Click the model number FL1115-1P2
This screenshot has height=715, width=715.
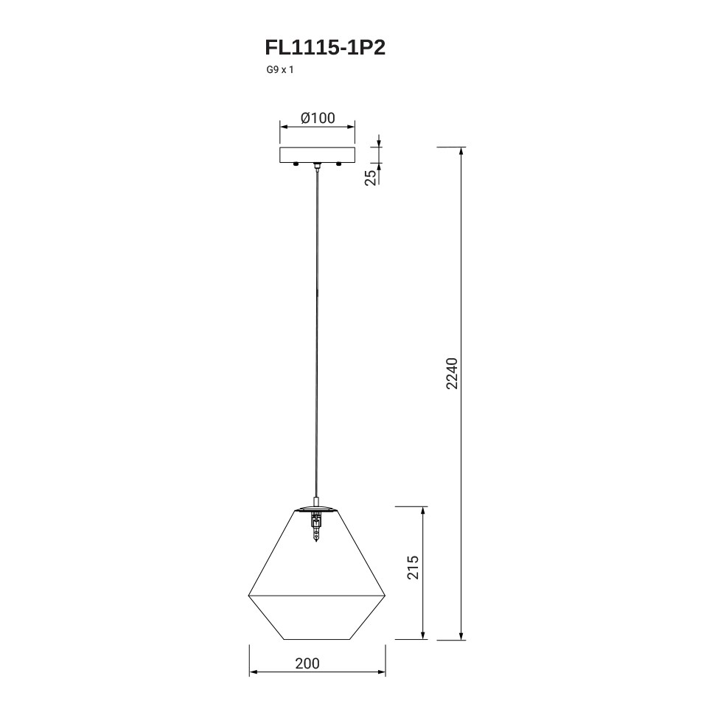(325, 47)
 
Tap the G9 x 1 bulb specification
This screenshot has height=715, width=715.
(280, 70)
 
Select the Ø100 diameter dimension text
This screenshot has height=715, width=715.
(318, 118)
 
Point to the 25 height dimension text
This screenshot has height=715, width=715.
(372, 177)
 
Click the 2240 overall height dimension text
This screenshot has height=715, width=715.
(451, 374)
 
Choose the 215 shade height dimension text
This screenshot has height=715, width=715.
(413, 568)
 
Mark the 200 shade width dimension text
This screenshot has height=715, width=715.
(307, 663)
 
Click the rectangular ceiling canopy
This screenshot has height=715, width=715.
(318, 155)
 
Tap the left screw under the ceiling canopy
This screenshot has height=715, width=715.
(296, 164)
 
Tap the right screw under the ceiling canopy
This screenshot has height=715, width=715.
(338, 164)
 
